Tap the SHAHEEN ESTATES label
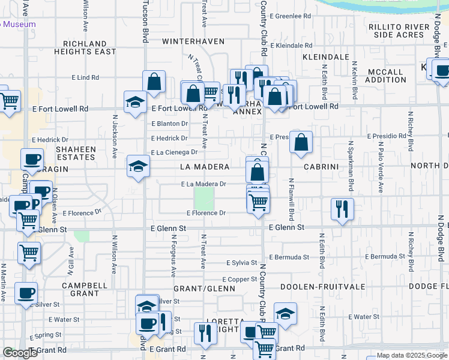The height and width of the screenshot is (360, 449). tap(76, 153)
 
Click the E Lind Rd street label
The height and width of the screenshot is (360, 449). tap(85, 78)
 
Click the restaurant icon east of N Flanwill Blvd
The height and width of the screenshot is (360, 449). tap(342, 209)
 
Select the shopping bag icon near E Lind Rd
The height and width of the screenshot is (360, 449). tap(154, 82)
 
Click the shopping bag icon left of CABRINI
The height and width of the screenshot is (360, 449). tap(301, 142)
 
